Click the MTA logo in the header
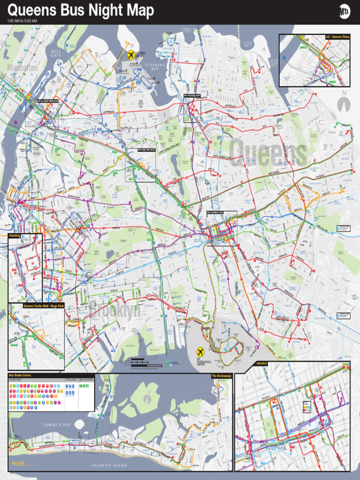tap(345, 12)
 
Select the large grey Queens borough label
tap(268, 153)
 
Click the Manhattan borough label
tap(22, 68)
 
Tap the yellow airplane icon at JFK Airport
tap(201, 351)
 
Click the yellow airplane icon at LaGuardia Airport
tap(131, 55)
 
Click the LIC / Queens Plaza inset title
tap(337, 37)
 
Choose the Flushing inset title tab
tap(15, 236)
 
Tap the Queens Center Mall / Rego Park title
tap(43, 306)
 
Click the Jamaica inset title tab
tap(262, 363)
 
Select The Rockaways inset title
tap(221, 376)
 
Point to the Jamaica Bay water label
tap(57, 425)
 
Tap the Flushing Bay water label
tap(155, 67)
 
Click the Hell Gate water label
tap(56, 52)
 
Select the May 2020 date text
tap(17, 463)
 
